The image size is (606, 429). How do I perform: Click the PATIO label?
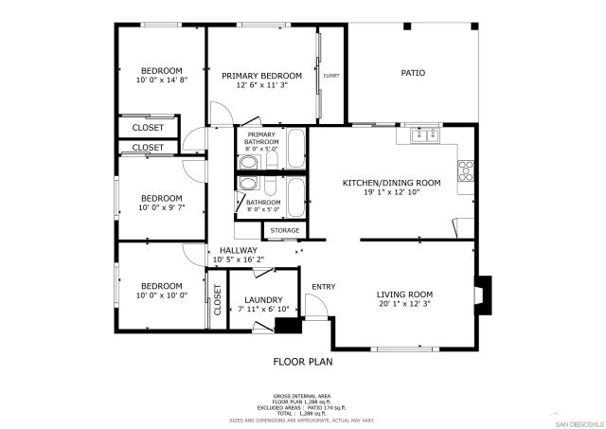[412, 73]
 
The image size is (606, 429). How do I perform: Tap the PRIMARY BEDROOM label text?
[261, 76]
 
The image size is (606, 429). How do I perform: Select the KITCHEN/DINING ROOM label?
[391, 182]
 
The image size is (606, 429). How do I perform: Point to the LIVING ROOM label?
[411, 295]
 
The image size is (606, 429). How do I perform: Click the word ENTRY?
[323, 287]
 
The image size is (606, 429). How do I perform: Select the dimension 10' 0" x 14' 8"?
[163, 80]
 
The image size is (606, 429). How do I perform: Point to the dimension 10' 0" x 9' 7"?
[163, 207]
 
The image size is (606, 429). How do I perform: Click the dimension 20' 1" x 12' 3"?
[411, 305]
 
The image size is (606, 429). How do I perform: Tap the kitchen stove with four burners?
[465, 171]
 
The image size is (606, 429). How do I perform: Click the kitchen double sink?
[424, 135]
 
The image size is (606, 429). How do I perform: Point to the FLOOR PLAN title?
[303, 361]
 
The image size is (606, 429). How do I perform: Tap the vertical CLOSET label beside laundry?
[217, 300]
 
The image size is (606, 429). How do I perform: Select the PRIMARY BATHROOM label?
[261, 141]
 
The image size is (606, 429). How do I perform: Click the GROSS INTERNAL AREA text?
[302, 396]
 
